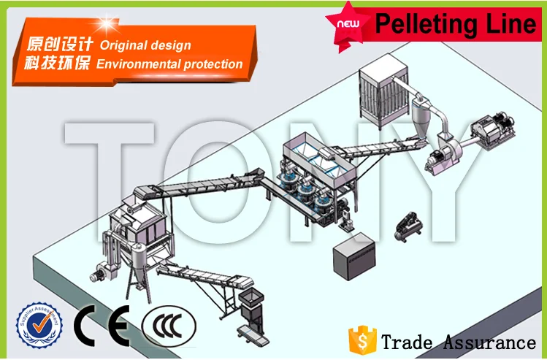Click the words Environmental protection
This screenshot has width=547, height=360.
169,64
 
